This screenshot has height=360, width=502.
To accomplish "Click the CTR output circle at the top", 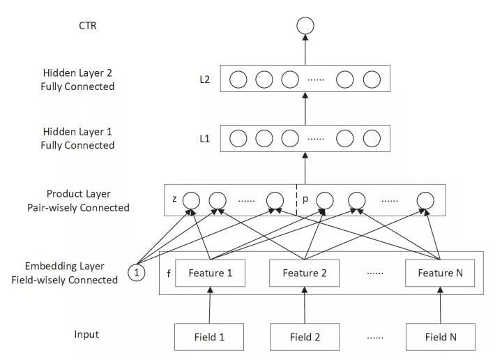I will (305, 27).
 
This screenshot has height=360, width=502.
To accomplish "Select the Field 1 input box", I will (210, 337).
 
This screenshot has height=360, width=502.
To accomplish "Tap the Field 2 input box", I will (303, 337).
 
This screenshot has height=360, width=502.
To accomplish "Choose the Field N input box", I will (440, 337).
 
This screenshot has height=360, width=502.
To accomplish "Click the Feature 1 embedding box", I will (210, 273).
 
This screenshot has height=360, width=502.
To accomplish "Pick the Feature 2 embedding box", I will (304, 273).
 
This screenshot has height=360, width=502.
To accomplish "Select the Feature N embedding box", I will (440, 273).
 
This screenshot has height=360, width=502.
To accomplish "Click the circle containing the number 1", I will (137, 273).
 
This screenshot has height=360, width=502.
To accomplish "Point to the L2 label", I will (204, 80).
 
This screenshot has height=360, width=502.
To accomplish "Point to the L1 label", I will (204, 138).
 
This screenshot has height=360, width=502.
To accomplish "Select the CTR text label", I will (89, 26).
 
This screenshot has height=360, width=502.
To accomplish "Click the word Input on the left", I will (86, 334).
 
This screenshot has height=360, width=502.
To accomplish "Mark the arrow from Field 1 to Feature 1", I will (210, 306).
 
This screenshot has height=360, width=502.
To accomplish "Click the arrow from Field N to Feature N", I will (440, 306).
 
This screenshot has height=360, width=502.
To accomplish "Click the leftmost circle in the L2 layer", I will (238, 80).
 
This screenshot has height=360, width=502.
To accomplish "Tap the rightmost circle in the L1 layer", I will (371, 138).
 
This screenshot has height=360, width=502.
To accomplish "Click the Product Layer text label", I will (79, 193).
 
